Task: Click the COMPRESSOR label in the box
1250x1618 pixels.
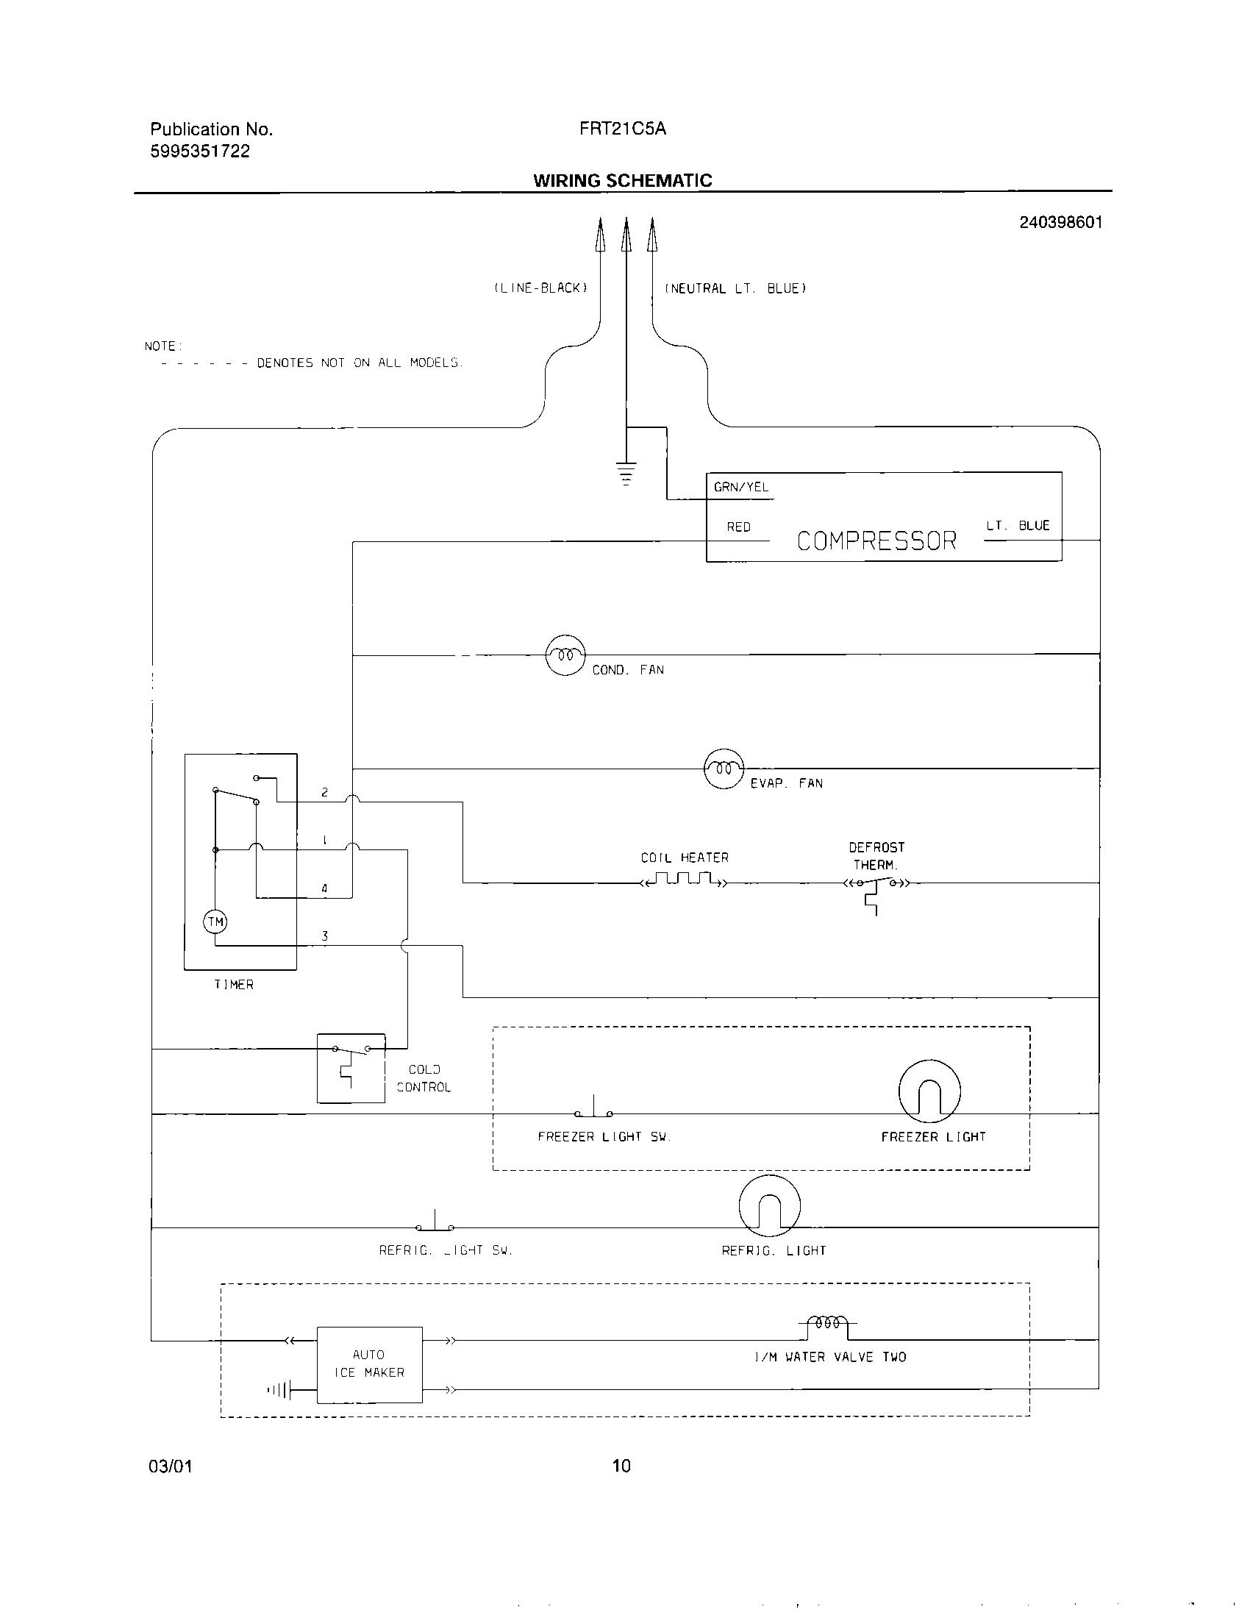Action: click(876, 541)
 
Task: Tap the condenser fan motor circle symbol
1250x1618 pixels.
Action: click(565, 655)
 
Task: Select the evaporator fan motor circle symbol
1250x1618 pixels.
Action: click(724, 769)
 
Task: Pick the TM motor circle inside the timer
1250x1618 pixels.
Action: click(215, 922)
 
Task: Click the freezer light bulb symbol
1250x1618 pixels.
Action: click(929, 1091)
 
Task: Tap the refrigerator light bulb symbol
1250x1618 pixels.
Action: click(769, 1205)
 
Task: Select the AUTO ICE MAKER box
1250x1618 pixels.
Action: click(370, 1364)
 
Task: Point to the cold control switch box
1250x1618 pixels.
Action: click(351, 1068)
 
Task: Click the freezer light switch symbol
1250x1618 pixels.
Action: click(593, 1109)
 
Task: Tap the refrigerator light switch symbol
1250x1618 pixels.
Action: click(435, 1222)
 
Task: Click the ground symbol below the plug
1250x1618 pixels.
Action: click(626, 473)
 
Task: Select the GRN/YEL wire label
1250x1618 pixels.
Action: click(740, 487)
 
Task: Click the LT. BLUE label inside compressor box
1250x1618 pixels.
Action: click(1018, 525)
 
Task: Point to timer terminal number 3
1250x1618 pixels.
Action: click(324, 935)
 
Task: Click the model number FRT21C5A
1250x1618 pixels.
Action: click(622, 129)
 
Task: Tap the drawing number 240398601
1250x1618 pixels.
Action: click(1060, 222)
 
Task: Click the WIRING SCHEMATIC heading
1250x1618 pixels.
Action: click(622, 180)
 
